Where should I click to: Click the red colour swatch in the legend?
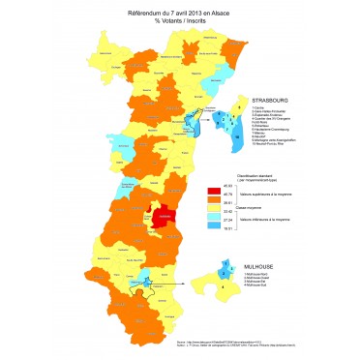215,191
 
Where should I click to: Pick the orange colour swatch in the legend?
215,199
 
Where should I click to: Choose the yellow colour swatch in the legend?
215,209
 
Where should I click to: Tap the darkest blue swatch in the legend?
215,227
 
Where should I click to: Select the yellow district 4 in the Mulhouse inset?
221,285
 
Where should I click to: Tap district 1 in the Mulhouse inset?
224,262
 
